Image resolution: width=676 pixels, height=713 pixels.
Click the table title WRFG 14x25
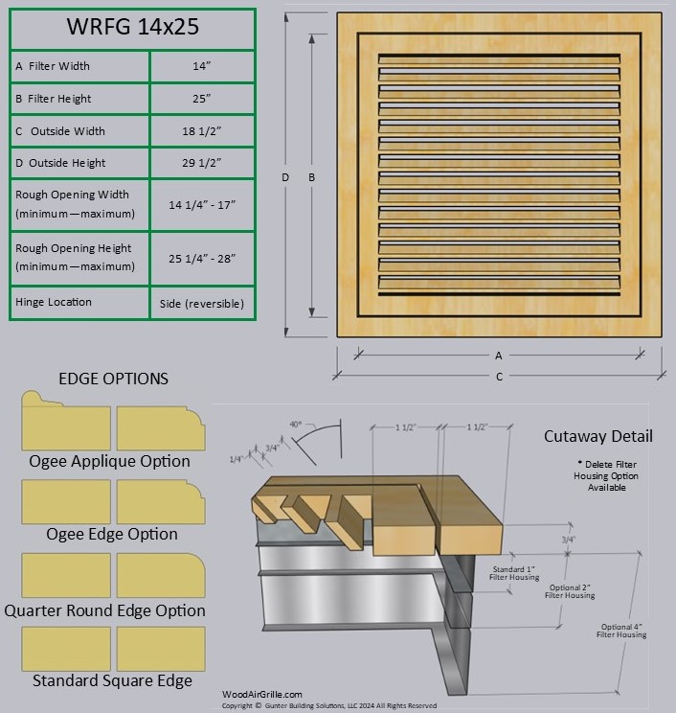click(x=132, y=27)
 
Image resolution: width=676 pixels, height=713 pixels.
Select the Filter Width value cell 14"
click(x=202, y=66)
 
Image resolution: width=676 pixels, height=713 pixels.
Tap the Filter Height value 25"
click(x=202, y=99)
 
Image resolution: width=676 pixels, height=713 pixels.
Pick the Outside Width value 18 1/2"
click(x=202, y=131)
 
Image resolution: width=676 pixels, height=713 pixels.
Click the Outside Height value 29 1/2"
click(x=202, y=163)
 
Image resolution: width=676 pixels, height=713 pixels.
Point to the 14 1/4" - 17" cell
click(x=202, y=204)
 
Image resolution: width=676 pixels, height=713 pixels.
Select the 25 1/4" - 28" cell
click(x=202, y=258)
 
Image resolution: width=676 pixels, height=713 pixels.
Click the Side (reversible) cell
click(x=202, y=304)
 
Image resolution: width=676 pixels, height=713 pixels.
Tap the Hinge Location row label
click(x=54, y=302)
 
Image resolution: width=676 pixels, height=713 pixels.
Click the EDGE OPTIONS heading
click(x=113, y=379)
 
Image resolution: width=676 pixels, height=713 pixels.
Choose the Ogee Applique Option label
click(x=109, y=461)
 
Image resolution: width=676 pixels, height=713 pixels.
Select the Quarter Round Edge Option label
click(x=104, y=610)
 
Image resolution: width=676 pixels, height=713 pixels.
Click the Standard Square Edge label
click(x=112, y=681)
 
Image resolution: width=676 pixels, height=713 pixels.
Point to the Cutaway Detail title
click(x=598, y=436)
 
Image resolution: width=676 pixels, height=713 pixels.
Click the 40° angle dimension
click(x=296, y=424)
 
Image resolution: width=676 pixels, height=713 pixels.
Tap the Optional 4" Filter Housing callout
click(x=621, y=630)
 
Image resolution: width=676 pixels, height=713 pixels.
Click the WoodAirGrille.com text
click(x=262, y=695)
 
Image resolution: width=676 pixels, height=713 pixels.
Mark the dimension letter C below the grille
click(x=499, y=377)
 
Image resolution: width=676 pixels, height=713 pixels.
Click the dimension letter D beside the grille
click(x=285, y=177)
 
